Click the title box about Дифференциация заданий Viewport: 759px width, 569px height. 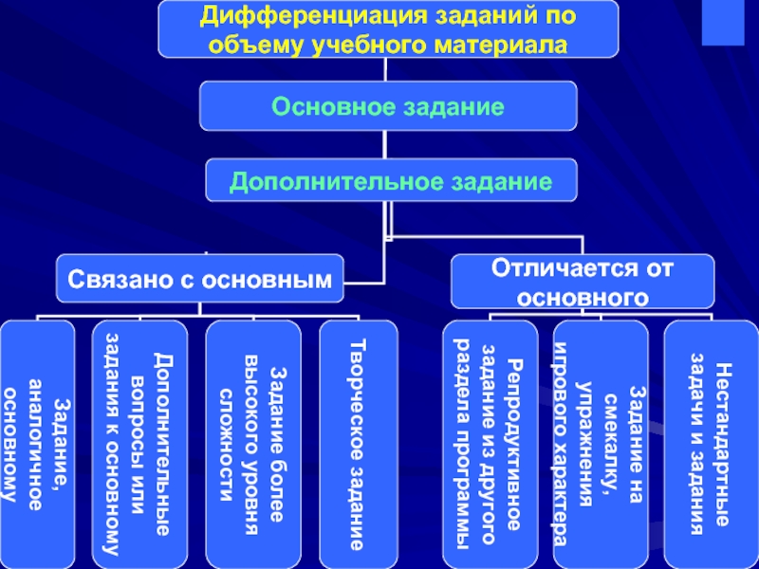click(x=386, y=30)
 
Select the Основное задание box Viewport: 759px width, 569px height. click(x=387, y=106)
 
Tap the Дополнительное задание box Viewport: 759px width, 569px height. click(x=391, y=180)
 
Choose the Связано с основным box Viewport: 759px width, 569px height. click(x=199, y=279)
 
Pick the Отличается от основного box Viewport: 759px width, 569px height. click(x=582, y=281)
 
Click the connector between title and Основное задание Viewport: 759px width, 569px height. click(x=384, y=69)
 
